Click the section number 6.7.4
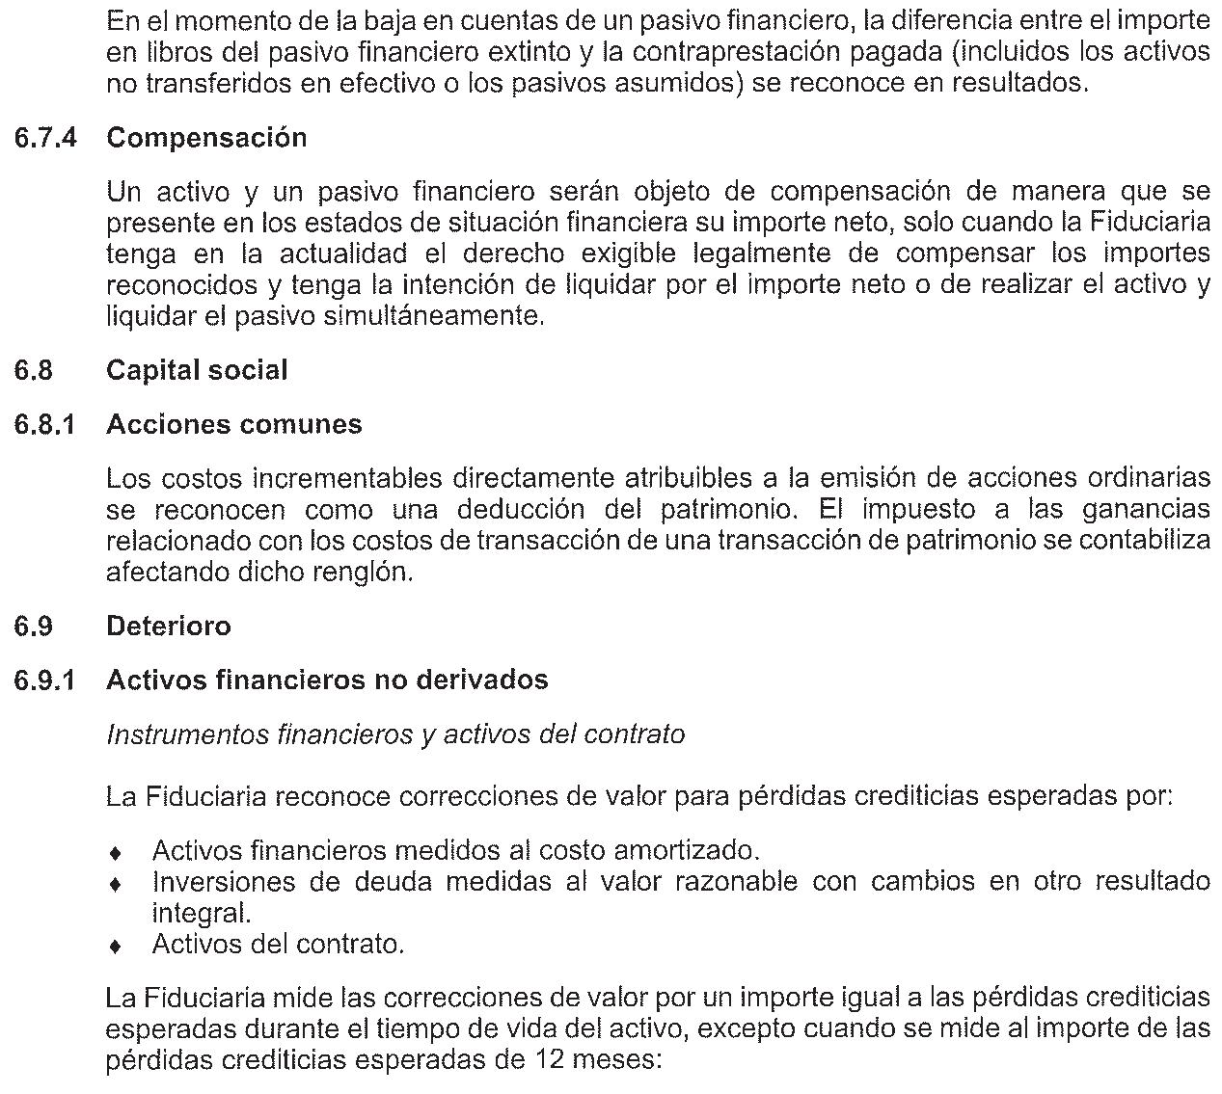(44, 138)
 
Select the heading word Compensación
(206, 138)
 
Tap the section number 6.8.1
(44, 425)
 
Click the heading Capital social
(197, 371)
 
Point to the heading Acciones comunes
(234, 425)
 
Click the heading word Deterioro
(169, 627)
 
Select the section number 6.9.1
(44, 680)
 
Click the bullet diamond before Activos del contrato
(116, 947)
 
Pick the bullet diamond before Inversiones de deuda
(116, 884)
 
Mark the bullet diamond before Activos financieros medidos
(116, 853)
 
